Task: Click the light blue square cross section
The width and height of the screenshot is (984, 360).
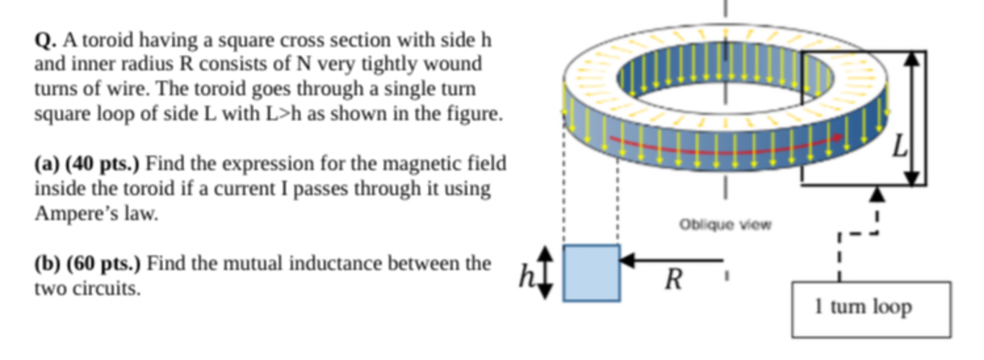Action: click(591, 273)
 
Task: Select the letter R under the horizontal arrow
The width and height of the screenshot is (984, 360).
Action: click(673, 281)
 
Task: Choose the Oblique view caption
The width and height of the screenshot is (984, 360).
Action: click(725, 225)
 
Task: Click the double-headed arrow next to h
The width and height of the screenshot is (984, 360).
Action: click(546, 272)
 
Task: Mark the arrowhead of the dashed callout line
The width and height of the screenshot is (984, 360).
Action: click(878, 194)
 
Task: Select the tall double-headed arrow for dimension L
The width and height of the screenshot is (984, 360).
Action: click(910, 118)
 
